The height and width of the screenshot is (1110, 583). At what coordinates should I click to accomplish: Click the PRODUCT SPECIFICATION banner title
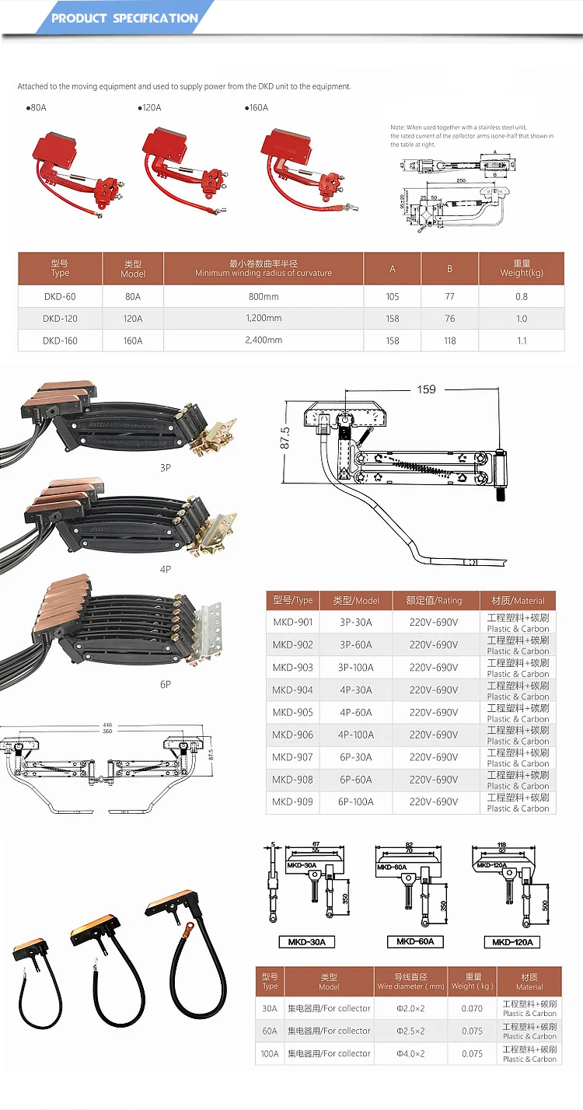point(124,18)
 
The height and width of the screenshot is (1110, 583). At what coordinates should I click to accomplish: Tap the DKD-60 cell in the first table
point(60,296)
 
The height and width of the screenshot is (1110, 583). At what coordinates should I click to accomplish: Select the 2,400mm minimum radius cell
point(264,340)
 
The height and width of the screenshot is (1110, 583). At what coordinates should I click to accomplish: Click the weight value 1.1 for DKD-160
point(521,340)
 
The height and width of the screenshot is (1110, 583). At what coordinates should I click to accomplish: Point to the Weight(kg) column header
point(521,268)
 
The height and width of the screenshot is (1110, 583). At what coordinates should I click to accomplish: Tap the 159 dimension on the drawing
point(426,389)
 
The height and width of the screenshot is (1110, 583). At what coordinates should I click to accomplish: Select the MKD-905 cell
point(292,712)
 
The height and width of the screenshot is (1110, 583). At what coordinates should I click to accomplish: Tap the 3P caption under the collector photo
point(165,468)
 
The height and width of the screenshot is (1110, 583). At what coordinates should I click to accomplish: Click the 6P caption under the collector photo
point(165,684)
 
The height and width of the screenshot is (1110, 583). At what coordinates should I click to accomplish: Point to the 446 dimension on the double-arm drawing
point(106,724)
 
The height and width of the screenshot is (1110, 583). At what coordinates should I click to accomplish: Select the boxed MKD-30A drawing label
point(306,942)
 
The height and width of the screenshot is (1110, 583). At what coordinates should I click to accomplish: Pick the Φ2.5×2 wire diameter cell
point(409,1031)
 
